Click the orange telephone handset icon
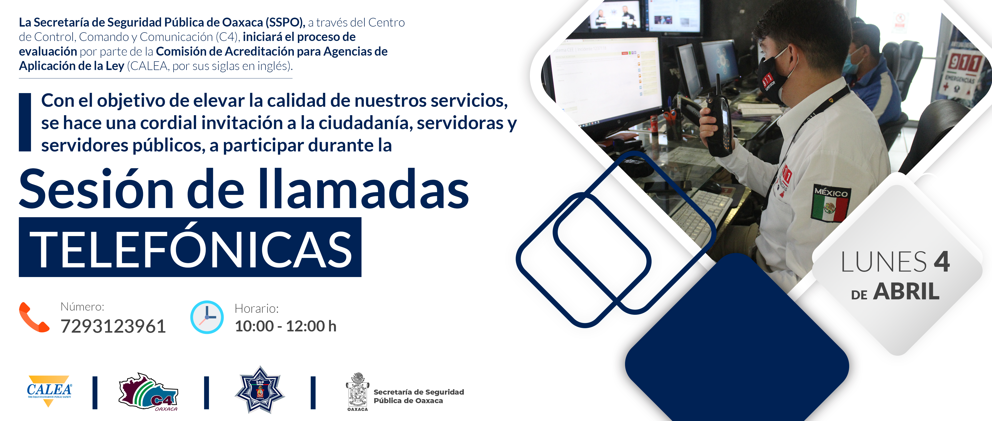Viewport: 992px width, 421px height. pyautogui.click(x=34, y=317)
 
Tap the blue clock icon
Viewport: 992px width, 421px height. pyautogui.click(x=207, y=317)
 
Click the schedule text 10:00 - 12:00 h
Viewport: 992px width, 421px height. pyautogui.click(x=285, y=326)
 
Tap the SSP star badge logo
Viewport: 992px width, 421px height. pyautogui.click(x=260, y=390)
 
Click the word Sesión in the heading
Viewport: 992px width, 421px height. pyautogui.click(x=96, y=189)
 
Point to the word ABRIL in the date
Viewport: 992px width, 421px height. pyautogui.click(x=906, y=291)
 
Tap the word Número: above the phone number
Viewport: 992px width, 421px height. pyautogui.click(x=82, y=307)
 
